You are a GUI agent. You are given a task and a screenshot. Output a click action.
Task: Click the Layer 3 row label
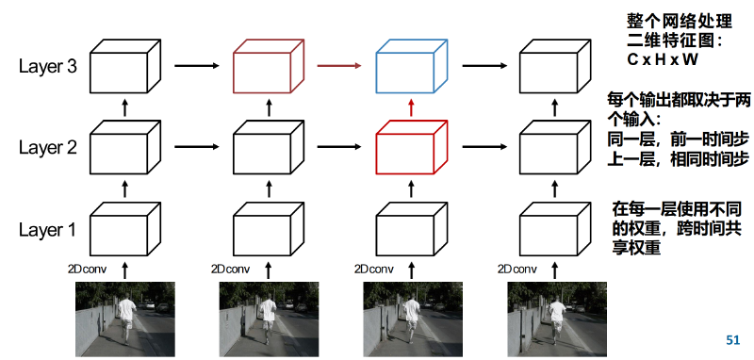48,67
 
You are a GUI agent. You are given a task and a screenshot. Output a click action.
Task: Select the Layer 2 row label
48,148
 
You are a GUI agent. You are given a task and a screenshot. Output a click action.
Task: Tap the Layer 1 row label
48,230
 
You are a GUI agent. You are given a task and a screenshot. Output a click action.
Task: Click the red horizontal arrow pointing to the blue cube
339,66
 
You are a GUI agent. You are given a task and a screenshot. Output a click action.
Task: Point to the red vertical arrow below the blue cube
411,106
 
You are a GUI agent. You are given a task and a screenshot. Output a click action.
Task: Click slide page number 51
732,340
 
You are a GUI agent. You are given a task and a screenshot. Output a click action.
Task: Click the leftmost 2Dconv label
87,269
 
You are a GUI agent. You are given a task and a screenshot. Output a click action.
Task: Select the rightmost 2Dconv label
516,269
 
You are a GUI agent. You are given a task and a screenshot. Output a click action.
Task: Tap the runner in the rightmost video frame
557,318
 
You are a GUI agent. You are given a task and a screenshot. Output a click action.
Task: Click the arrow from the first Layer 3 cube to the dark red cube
197,66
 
